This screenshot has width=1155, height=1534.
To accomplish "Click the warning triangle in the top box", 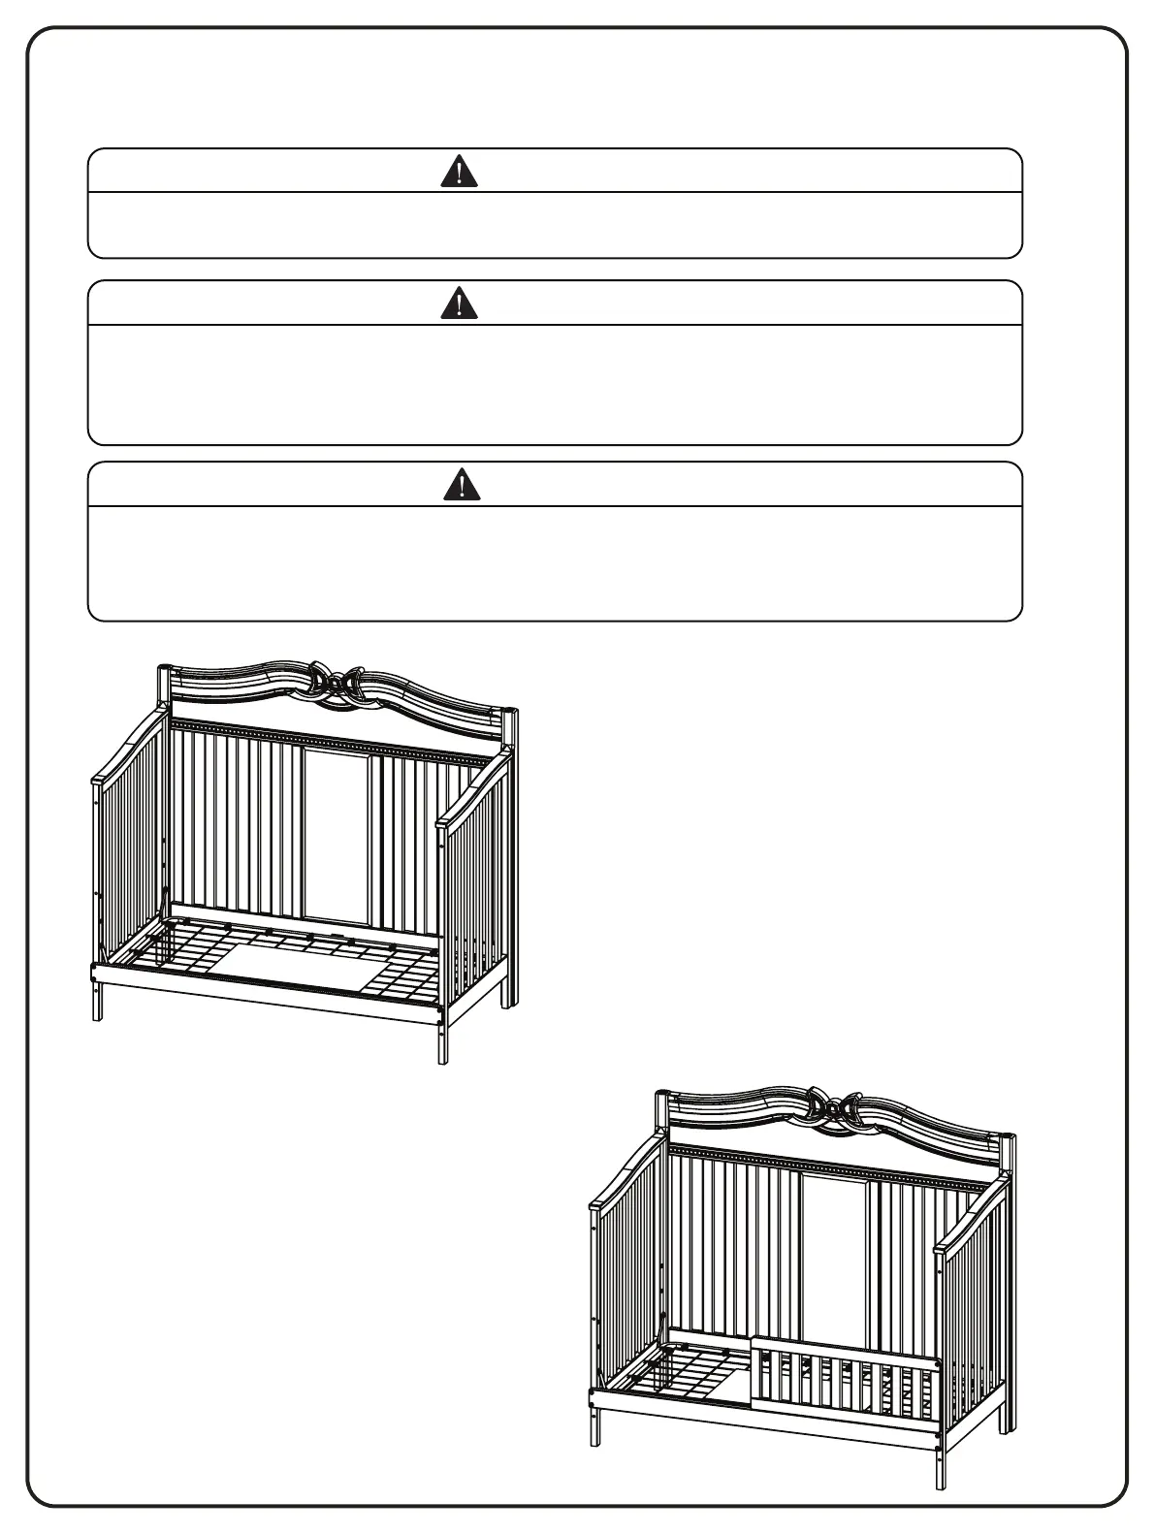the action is [x=459, y=173].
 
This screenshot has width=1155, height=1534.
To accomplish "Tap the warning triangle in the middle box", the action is [x=459, y=304].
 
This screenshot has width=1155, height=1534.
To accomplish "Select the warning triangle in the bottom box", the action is [x=462, y=484].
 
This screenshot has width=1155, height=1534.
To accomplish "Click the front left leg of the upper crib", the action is [x=97, y=999].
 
